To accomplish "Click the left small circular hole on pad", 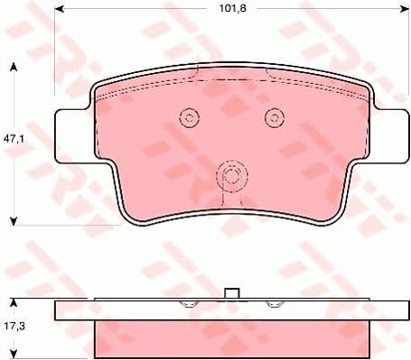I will (x=189, y=117).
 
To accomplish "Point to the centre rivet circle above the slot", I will (x=230, y=176).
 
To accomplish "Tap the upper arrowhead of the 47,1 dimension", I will (x=15, y=67).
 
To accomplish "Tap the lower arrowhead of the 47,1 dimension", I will (x=15, y=219).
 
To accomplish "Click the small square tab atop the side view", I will (x=231, y=293).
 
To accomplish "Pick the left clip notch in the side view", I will (x=189, y=305).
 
